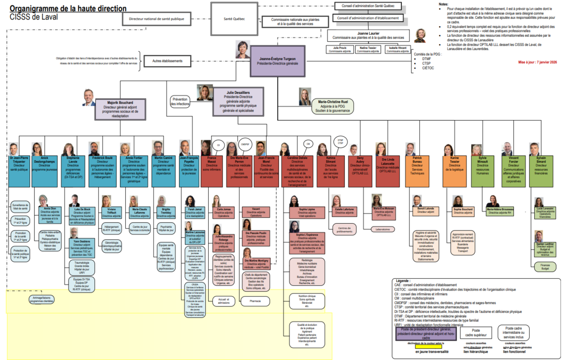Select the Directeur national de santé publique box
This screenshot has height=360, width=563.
pos(156,19)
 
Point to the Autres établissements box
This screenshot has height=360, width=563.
pos(164,61)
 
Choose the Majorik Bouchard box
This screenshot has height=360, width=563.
pos(121,108)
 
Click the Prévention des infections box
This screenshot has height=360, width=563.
pos(180,102)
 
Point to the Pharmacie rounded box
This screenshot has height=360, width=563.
pos(256,300)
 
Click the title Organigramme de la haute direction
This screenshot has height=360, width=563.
pos(68,8)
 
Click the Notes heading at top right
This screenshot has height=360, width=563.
pos(443,4)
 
